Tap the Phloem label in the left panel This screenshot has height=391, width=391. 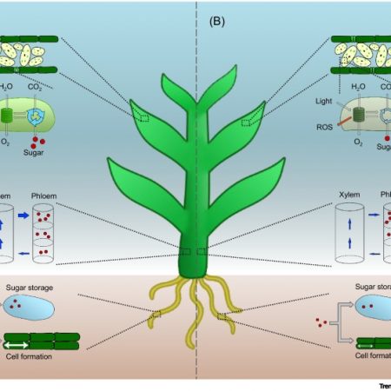click(46, 196)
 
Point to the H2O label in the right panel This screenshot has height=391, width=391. click(357, 86)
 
